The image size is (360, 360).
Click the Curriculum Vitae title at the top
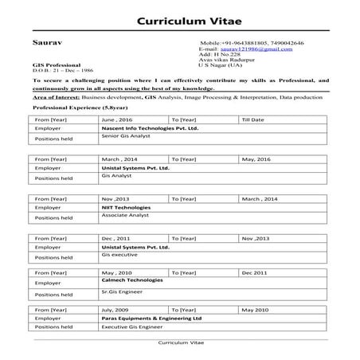[180, 20]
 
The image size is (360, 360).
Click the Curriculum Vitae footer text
[178, 342]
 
